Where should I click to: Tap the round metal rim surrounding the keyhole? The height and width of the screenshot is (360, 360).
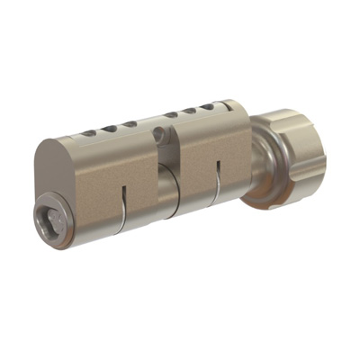(42, 225)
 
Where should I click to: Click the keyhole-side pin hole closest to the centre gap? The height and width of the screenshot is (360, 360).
(130, 124)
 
